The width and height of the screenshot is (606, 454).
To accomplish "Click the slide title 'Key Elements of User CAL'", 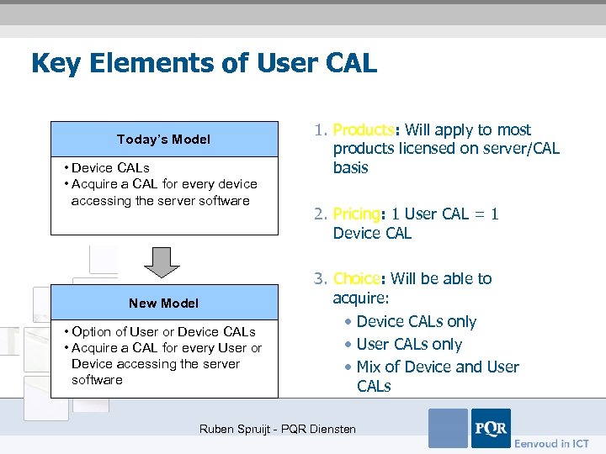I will (x=204, y=64).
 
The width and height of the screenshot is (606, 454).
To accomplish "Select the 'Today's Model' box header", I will (x=164, y=140).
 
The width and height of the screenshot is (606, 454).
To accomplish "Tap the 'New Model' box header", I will (x=164, y=303).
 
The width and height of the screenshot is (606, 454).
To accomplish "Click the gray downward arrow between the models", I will (x=162, y=261).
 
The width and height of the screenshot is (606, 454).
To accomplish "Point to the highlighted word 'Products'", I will (x=364, y=130).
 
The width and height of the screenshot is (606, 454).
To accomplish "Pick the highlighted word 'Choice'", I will (x=357, y=279).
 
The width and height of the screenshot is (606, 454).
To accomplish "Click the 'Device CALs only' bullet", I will (x=416, y=322).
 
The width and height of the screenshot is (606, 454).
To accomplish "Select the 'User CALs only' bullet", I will (x=409, y=345).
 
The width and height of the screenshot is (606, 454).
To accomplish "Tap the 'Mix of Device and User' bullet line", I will (x=437, y=367).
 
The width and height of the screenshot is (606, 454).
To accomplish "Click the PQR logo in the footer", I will (x=491, y=428).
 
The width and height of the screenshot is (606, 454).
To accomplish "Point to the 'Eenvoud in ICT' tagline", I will (x=552, y=443).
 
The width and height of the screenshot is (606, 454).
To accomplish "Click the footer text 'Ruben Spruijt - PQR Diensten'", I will (x=277, y=430).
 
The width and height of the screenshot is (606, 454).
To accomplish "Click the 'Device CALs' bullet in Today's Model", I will (x=110, y=168).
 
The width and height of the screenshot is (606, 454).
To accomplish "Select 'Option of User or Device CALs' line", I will (x=163, y=332).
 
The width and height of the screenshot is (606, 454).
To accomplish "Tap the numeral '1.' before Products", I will (x=320, y=130).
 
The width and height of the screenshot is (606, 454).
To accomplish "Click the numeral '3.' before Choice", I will (x=320, y=279).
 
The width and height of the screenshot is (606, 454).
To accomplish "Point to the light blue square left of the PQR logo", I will (x=448, y=428).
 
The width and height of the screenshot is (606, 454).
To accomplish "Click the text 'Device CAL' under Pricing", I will (x=372, y=234).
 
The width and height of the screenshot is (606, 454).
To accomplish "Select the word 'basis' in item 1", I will (x=350, y=168).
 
